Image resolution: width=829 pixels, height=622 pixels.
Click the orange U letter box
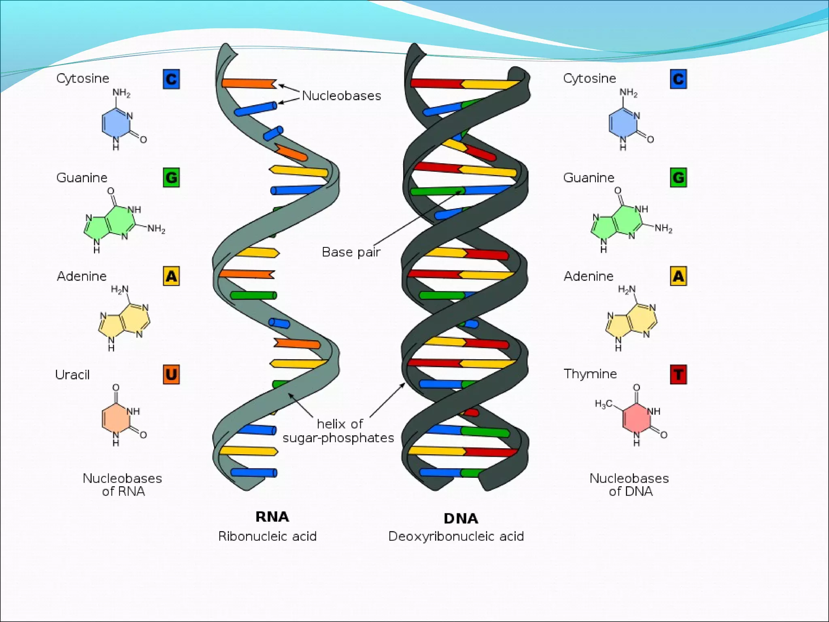(x=171, y=375)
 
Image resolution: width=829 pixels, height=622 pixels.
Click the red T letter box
(x=678, y=375)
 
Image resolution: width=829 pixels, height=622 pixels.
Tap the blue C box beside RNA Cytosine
(x=171, y=79)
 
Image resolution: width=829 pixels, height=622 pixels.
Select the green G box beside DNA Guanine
(x=678, y=177)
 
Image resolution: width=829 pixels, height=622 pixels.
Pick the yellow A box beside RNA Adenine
(x=171, y=276)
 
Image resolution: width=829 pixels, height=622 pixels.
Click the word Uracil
(x=72, y=375)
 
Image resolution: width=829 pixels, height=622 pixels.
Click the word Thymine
(x=590, y=374)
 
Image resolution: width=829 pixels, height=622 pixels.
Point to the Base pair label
(x=351, y=252)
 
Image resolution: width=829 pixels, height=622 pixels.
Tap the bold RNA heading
(x=272, y=517)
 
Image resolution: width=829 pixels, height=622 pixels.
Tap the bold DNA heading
(x=461, y=518)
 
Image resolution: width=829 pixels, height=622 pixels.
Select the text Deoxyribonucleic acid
(x=456, y=537)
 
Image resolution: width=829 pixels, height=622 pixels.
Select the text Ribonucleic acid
(x=267, y=537)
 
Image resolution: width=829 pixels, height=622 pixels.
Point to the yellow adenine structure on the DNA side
(x=631, y=320)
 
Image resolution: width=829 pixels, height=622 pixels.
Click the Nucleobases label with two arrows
(x=342, y=96)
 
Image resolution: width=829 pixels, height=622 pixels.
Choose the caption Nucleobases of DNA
(x=629, y=485)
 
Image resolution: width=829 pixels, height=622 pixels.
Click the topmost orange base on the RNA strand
(x=248, y=83)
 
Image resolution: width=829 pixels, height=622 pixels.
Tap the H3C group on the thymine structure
(x=603, y=404)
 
